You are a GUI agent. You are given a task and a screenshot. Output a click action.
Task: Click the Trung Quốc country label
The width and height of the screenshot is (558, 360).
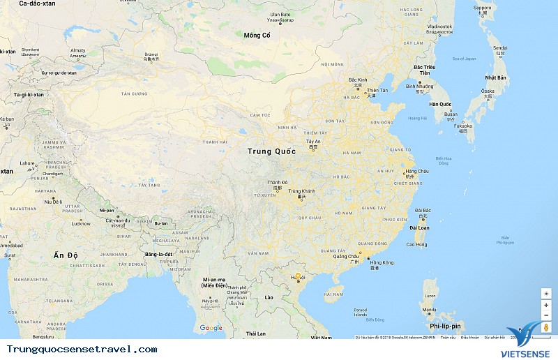(x=271, y=151)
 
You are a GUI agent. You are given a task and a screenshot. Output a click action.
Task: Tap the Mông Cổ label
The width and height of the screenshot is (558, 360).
(x=257, y=35)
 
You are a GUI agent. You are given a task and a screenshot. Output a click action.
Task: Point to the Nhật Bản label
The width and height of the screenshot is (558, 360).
(x=495, y=77)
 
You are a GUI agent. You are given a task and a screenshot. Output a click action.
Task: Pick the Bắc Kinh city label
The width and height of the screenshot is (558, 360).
(x=357, y=80)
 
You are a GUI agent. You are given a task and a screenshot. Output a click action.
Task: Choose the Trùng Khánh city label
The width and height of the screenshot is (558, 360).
(x=302, y=191)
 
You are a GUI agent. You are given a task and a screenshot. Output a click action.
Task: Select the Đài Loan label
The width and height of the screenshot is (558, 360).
(x=419, y=227)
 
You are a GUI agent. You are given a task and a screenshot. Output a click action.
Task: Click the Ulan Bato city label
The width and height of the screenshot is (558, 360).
(x=280, y=14)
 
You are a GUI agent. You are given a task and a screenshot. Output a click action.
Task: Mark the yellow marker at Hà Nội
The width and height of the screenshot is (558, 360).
(x=298, y=276)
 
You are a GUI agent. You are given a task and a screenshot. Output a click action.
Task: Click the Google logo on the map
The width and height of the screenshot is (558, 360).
(x=211, y=328)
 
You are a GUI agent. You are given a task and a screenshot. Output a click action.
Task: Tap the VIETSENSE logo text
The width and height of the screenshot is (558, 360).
(x=530, y=352)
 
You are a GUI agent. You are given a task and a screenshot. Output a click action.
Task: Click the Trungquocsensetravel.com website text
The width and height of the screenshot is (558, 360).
(x=82, y=349)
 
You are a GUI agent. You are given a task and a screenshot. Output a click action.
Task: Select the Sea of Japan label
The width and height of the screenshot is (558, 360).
(x=463, y=59)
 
